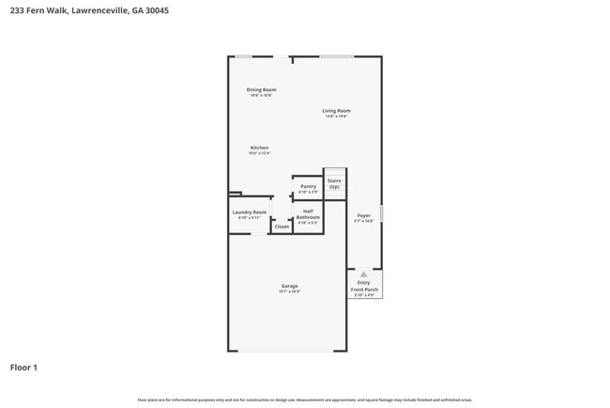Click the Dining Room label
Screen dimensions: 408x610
point(262,90)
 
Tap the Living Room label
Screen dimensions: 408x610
point(336,111)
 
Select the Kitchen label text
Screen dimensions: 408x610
point(259,148)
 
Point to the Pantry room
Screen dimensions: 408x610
point(308,187)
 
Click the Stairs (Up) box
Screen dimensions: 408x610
point(334,182)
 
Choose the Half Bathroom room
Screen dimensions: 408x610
point(308,215)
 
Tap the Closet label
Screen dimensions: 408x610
point(282,227)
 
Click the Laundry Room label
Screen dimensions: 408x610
point(249,212)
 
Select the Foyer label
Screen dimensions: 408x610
point(363,215)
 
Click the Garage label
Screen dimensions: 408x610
point(289,286)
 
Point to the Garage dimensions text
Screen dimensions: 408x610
point(289,291)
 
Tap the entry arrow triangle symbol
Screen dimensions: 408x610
point(363,275)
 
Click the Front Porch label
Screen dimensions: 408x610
point(364,290)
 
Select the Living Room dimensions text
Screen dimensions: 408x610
point(336,117)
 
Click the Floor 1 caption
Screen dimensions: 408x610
point(23,368)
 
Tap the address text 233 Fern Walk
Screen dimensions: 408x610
point(38,11)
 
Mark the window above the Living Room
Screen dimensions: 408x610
point(337,56)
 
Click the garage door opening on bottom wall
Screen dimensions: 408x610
point(287,352)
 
